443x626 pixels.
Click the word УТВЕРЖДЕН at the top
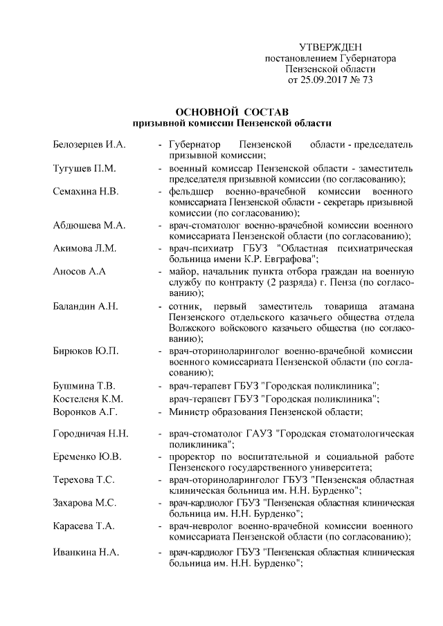[331, 46]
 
